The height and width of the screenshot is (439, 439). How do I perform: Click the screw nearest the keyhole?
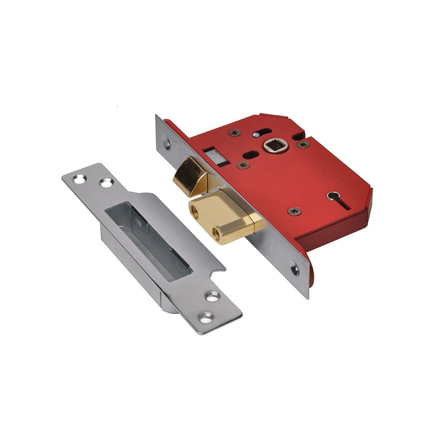point(294,211)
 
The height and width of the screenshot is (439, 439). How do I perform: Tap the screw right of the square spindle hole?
point(304,144)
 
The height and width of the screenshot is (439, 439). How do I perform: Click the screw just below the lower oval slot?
point(243,165)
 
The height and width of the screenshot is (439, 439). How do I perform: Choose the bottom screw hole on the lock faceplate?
point(295,269)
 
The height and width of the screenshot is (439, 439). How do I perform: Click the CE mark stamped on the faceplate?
point(276,243)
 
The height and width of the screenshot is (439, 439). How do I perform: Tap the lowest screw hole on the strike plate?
point(206,317)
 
